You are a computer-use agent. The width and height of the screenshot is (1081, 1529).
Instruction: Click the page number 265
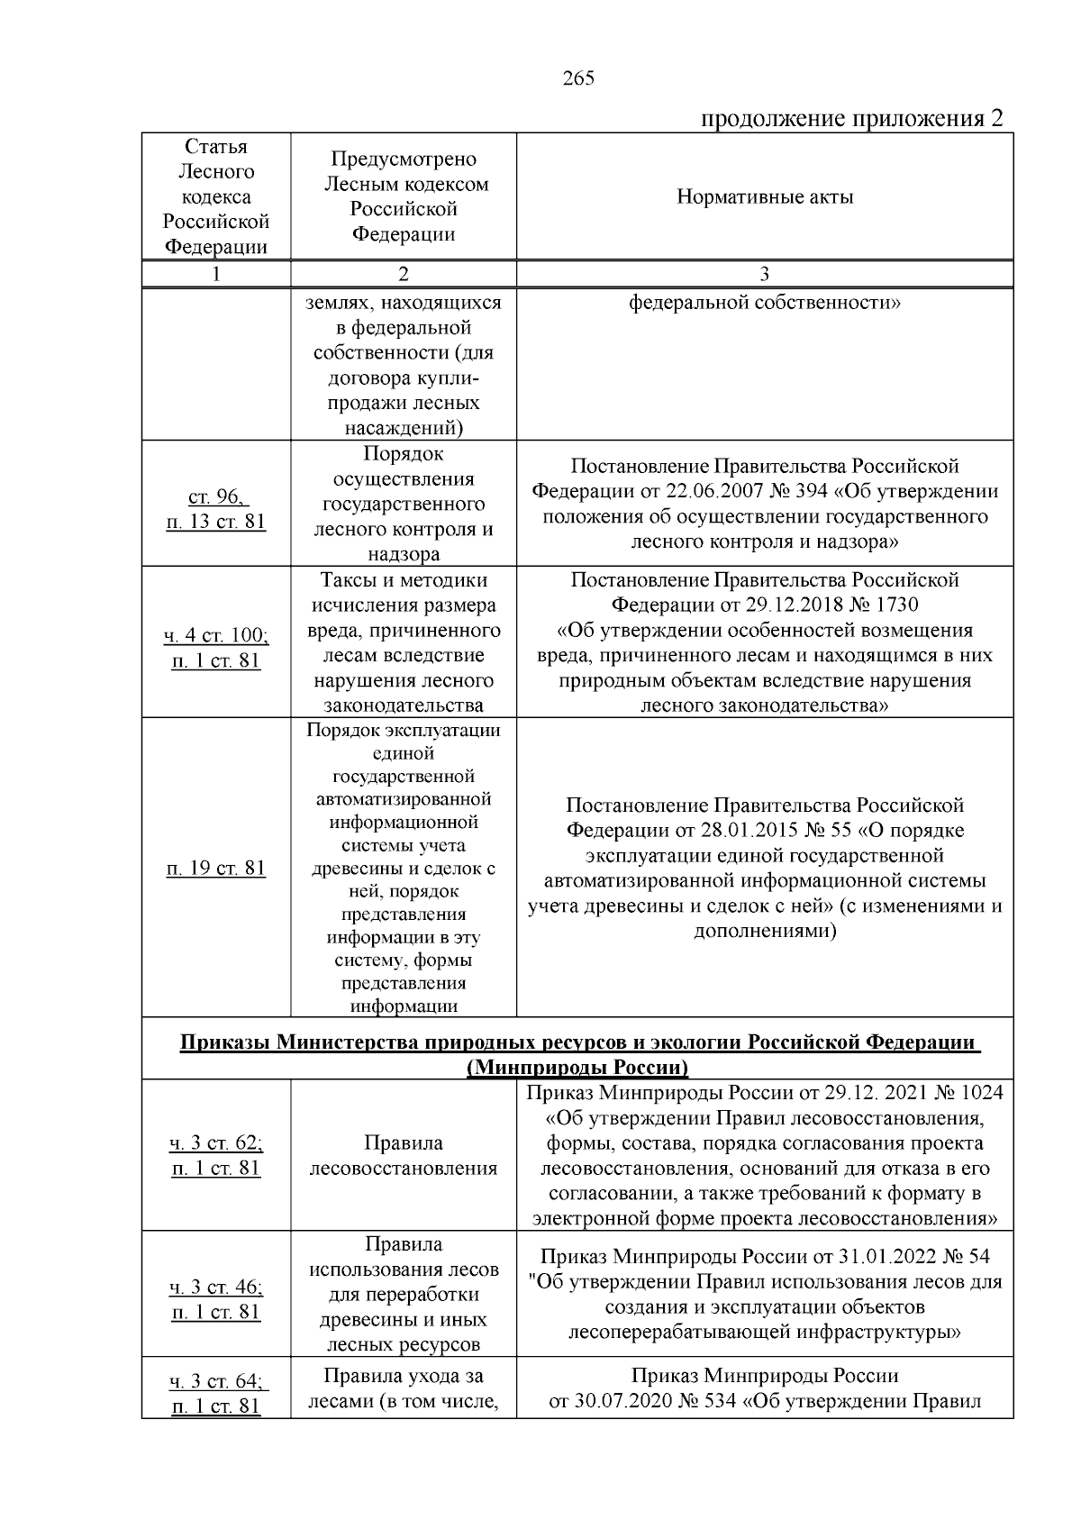pyautogui.click(x=578, y=79)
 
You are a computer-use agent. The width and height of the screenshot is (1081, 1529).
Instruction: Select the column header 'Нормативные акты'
pyautogui.click(x=764, y=197)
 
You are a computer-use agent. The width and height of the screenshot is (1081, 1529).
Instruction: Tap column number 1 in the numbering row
pyautogui.click(x=216, y=275)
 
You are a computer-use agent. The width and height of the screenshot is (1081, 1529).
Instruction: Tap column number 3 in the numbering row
pyautogui.click(x=764, y=275)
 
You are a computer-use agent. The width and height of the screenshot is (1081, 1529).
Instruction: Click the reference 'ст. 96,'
pyautogui.click(x=217, y=496)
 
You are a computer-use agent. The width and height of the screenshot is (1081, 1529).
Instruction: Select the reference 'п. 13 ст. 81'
pyautogui.click(x=216, y=522)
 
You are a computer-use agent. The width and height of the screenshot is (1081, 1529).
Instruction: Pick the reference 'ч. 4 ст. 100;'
pyautogui.click(x=216, y=635)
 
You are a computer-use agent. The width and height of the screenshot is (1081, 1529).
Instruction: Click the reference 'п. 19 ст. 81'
pyautogui.click(x=216, y=869)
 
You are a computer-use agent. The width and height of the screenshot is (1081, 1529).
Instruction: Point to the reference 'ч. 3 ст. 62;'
pyautogui.click(x=216, y=1143)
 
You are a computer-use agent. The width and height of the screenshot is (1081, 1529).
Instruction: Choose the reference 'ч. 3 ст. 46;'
pyautogui.click(x=216, y=1287)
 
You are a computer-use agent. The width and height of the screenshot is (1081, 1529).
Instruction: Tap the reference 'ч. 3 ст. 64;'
pyautogui.click(x=216, y=1380)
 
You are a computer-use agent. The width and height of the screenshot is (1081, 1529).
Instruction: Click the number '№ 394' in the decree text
pyautogui.click(x=813, y=492)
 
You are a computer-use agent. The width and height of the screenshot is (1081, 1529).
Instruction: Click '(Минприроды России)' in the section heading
pyautogui.click(x=577, y=1068)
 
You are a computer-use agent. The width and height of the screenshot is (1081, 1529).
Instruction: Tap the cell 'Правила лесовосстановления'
pyautogui.click(x=403, y=1156)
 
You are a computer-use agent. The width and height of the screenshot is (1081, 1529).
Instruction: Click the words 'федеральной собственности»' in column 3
pyautogui.click(x=764, y=303)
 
